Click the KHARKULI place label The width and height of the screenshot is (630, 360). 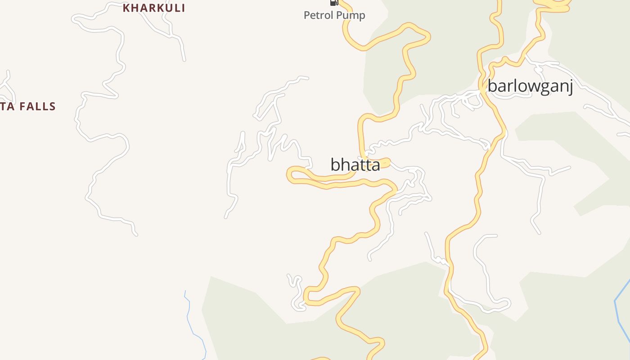(x=154, y=8)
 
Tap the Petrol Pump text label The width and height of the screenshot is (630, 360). (x=334, y=15)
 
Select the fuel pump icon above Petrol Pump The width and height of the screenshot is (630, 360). (x=334, y=2)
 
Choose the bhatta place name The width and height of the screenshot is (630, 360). (x=355, y=165)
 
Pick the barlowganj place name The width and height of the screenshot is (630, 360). (x=530, y=85)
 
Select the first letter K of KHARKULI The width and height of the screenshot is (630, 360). (x=126, y=8)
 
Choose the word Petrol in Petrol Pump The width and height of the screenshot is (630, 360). (x=317, y=15)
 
